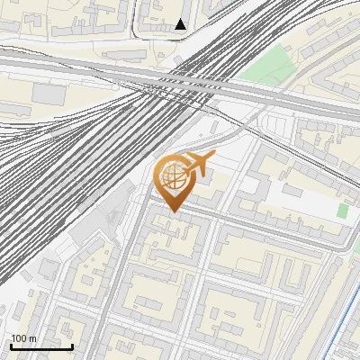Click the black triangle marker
[181, 24]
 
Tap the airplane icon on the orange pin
[198, 163]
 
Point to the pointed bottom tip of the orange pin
[174, 212]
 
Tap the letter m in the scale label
[33, 338]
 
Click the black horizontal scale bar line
[41, 346]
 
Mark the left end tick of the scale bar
[11, 345]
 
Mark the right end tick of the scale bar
[72, 345]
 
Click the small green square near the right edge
[342, 210]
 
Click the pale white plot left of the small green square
[306, 202]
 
